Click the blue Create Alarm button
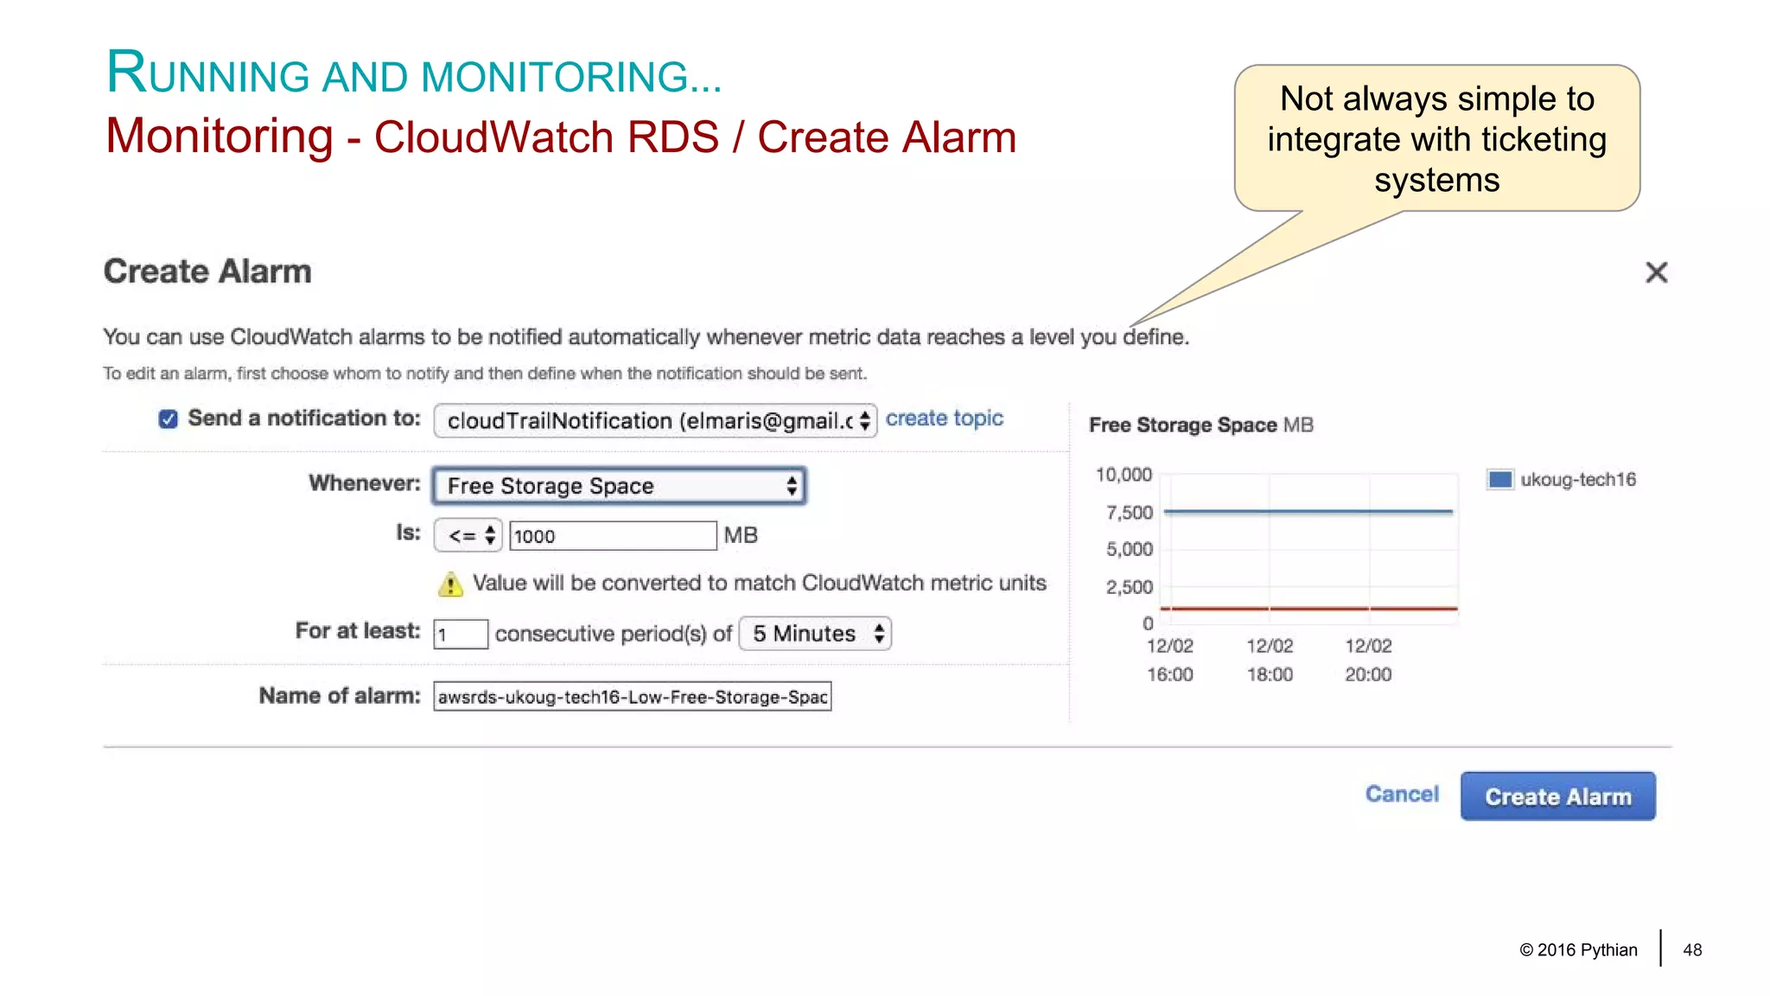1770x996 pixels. point(1557,796)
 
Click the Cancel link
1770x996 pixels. point(1402,794)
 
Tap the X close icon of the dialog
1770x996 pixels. point(1656,272)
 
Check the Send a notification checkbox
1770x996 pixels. point(169,419)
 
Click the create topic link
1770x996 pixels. point(944,418)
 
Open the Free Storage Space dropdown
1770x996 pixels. point(619,486)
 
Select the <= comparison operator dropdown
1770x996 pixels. point(468,535)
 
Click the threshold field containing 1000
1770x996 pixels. point(612,536)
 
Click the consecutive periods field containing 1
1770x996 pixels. point(460,635)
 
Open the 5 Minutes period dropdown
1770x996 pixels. point(815,634)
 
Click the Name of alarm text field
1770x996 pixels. point(632,697)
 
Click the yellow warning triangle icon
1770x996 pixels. point(450,585)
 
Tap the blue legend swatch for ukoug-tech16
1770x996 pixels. point(1499,479)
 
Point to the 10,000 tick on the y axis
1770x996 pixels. point(1124,475)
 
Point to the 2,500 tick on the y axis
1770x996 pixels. point(1129,587)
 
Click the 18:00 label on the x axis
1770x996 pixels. point(1270,674)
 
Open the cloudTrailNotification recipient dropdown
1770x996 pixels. point(655,421)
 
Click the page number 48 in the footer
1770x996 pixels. point(1692,950)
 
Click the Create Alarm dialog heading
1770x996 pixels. point(207,271)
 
